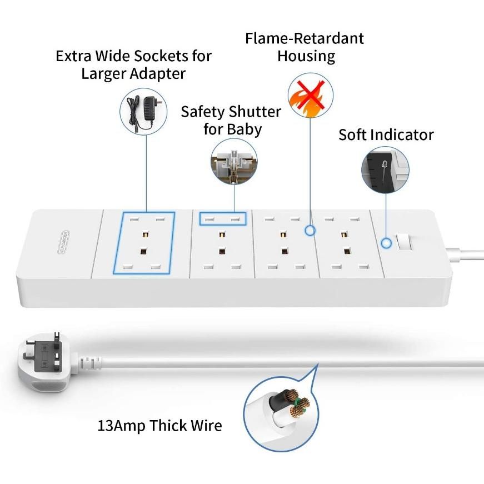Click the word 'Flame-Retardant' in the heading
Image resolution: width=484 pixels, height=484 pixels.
point(305,38)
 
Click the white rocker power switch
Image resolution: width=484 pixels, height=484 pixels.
point(404,243)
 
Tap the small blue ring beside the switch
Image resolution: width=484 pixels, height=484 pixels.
point(385,243)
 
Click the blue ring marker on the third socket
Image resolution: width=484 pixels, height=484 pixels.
point(310,229)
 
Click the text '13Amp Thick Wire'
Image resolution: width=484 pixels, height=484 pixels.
point(159,426)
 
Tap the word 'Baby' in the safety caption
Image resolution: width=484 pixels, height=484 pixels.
point(244,129)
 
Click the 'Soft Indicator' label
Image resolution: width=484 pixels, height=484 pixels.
point(386,134)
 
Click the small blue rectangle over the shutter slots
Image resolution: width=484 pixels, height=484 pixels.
point(223,219)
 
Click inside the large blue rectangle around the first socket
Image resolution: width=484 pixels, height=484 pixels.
point(144,243)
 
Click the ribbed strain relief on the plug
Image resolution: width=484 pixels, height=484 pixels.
point(89,365)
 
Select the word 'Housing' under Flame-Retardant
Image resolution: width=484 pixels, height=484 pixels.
point(306,56)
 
